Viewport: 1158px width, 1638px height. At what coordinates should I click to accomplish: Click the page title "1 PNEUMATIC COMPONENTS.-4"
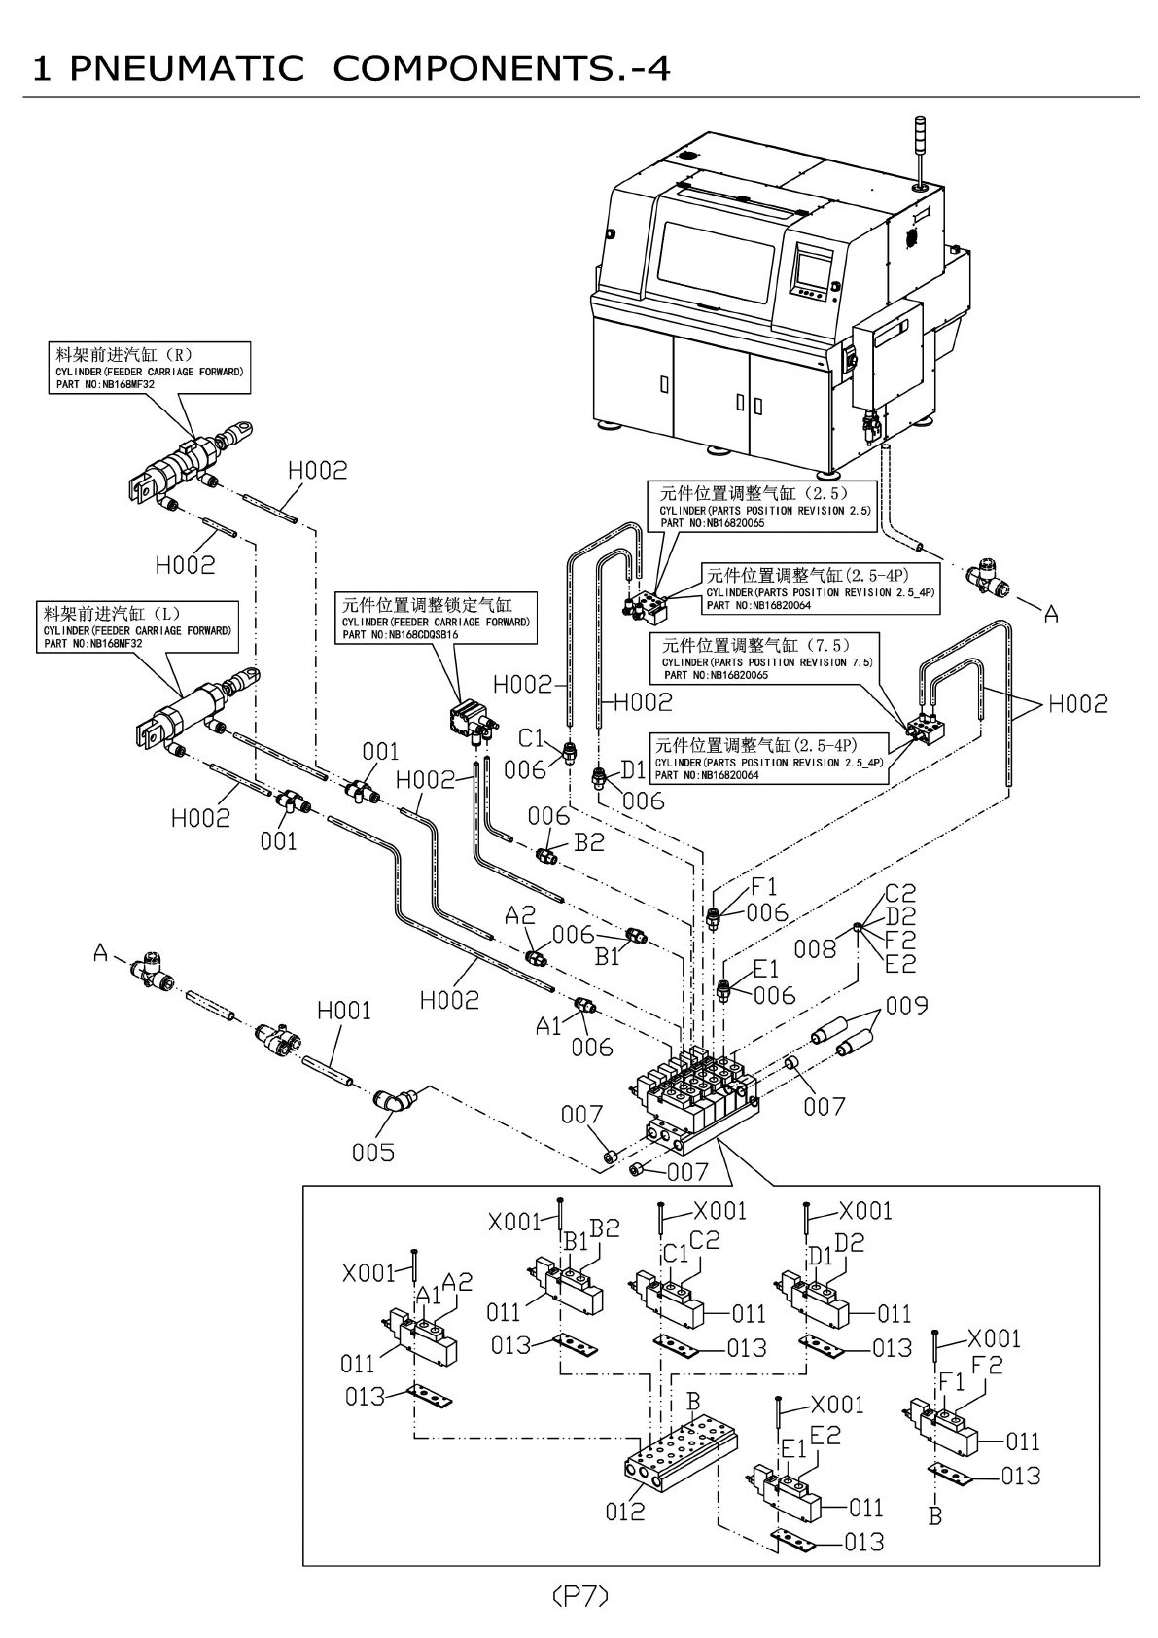tap(351, 68)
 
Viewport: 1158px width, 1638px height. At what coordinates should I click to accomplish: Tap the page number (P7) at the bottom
tap(579, 1596)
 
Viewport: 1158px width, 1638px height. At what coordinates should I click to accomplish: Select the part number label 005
tap(373, 1153)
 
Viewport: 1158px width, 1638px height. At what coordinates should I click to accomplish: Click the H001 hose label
tap(344, 1012)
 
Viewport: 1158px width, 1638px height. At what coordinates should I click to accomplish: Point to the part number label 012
tap(624, 1511)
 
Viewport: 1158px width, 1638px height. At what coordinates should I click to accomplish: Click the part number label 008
tap(815, 947)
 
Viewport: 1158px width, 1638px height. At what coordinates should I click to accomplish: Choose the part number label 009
tap(906, 1005)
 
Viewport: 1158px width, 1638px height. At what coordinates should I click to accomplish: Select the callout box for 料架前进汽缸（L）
tap(138, 627)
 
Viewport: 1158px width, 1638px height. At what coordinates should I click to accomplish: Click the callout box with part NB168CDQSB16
tap(437, 620)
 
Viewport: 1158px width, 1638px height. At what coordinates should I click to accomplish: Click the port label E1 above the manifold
tap(766, 969)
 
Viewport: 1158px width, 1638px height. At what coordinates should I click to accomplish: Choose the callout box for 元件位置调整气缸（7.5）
tap(768, 659)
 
